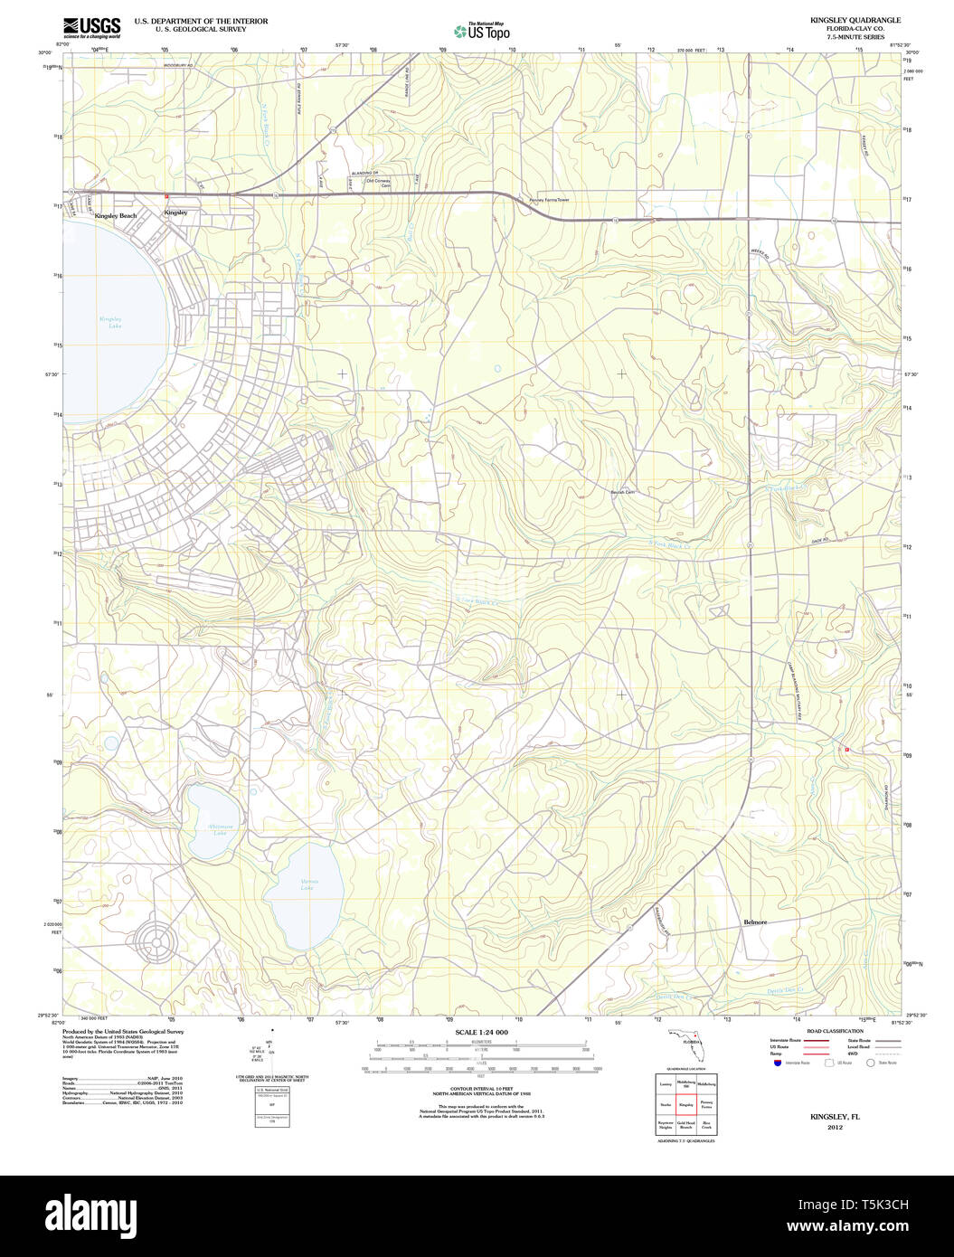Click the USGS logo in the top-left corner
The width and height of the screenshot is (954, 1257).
click(91, 26)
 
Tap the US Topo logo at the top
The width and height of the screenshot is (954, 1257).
click(483, 31)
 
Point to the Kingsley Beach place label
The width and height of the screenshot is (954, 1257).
click(116, 216)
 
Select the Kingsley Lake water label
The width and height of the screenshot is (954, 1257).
click(110, 323)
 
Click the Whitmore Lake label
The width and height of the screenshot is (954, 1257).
click(220, 828)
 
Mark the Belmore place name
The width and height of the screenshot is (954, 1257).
click(754, 921)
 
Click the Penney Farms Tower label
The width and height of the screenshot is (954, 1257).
click(550, 199)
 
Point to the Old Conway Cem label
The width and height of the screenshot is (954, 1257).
click(382, 182)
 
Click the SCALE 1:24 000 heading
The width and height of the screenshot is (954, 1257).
click(481, 1032)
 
